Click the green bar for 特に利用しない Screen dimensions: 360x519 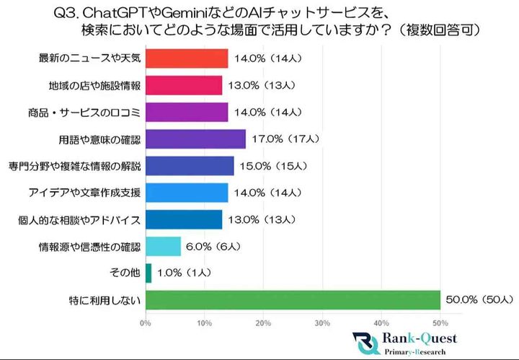292,299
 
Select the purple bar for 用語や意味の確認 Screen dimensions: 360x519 195,139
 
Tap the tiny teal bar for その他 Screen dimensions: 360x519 148,273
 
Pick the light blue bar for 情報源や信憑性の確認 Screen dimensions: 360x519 163,246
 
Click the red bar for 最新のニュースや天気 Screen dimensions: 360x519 187,58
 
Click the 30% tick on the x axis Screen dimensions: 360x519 322,322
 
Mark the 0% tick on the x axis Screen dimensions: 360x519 146,322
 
